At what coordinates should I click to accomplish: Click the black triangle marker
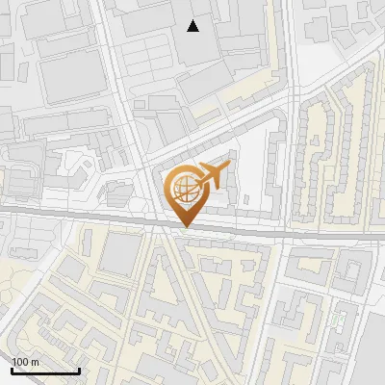tap(193, 26)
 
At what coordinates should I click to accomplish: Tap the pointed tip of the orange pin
tap(184, 226)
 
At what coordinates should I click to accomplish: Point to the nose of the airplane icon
tap(227, 169)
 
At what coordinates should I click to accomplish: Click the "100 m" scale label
tap(25, 362)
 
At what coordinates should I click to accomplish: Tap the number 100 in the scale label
tap(21, 362)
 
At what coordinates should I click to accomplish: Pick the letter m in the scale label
tap(36, 362)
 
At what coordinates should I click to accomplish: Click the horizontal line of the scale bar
tap(45, 371)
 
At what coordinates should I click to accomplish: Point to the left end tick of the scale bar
tap(12, 369)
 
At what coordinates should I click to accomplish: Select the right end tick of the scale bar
tap(79, 369)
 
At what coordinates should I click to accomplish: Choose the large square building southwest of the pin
tap(120, 254)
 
